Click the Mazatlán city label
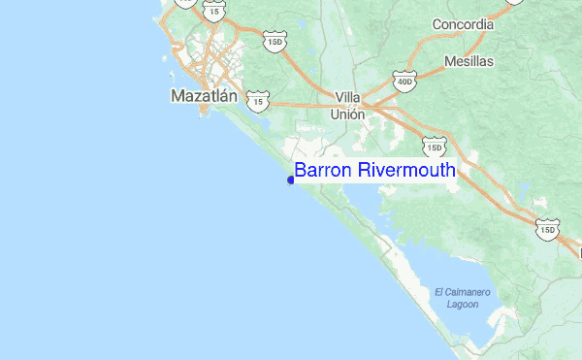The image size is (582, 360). tap(204, 96)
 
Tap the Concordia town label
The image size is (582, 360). tap(449, 24)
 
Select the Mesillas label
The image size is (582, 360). tap(469, 61)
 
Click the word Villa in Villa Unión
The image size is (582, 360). tap(347, 97)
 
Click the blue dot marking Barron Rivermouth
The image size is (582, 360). tap(291, 180)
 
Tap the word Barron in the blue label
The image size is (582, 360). tap(324, 171)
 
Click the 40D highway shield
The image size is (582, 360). tap(404, 82)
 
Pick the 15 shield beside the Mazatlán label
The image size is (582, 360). tap(256, 100)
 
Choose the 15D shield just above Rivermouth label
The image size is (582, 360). tap(434, 147)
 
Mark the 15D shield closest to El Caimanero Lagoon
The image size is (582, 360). tap(548, 231)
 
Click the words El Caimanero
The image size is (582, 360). tap(464, 292)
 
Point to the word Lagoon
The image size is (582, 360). tap(463, 304)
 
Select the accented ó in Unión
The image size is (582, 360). tap(355, 114)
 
